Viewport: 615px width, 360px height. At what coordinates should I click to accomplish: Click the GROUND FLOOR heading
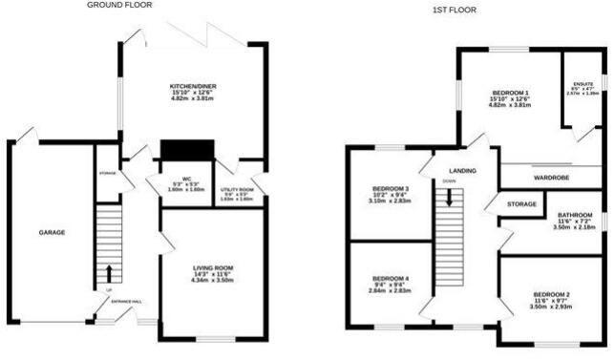[x=119, y=5]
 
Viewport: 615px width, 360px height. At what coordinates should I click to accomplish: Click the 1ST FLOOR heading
[x=454, y=10]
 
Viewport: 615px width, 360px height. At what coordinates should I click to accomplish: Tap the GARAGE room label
[x=52, y=232]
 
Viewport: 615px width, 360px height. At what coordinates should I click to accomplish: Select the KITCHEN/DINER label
[x=189, y=85]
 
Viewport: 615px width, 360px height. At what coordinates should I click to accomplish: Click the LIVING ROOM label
[x=213, y=267]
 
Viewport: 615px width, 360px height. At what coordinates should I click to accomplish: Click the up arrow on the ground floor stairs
[x=108, y=273]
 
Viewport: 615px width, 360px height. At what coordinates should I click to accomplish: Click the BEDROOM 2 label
[x=551, y=293]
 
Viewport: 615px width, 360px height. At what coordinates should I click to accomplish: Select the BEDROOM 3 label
[x=390, y=189]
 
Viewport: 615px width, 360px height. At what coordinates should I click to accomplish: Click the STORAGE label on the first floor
[x=522, y=203]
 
